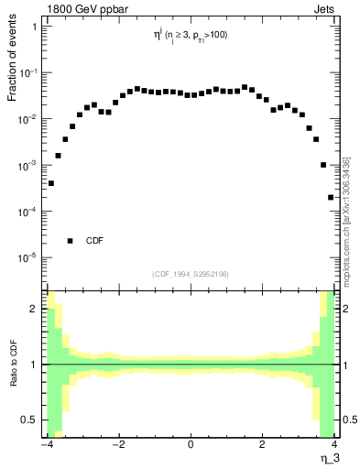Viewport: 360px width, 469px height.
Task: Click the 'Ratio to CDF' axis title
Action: (x=12, y=364)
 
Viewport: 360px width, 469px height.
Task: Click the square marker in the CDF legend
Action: (x=70, y=241)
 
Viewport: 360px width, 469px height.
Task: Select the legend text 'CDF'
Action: (x=94, y=241)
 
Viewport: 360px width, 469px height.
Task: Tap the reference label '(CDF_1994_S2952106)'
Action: (x=190, y=273)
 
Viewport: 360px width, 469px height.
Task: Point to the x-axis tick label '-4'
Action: (x=46, y=445)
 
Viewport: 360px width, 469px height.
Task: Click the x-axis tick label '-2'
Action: (x=117, y=445)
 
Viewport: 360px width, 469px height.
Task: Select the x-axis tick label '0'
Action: (x=191, y=445)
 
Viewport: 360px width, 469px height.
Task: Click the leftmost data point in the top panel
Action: (x=50, y=183)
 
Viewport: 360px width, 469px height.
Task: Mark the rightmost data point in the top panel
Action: (x=331, y=197)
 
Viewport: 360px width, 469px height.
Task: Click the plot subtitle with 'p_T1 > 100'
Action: (x=190, y=37)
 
